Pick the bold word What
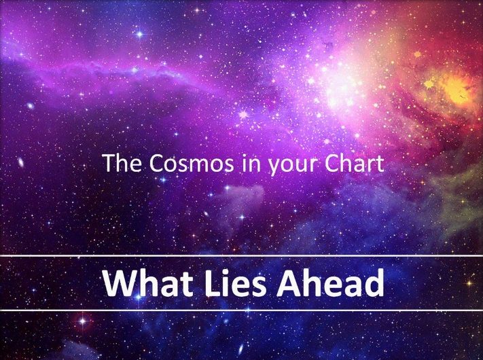pos(148,283)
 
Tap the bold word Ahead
pos(330,283)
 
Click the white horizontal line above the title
pos(242,255)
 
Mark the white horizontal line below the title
pos(242,310)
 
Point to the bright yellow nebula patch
pos(455,87)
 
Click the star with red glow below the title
pos(83,321)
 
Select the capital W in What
pos(120,283)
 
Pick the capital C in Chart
pos(332,163)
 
